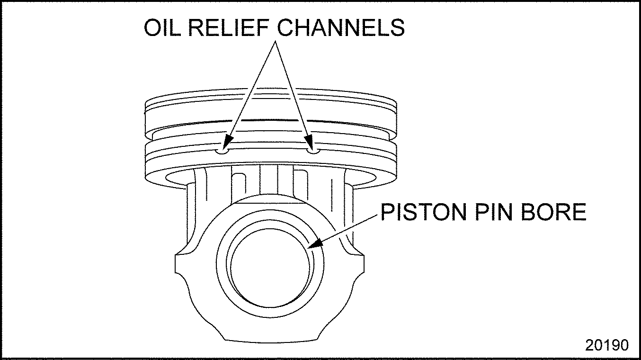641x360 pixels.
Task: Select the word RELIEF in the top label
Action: (x=229, y=28)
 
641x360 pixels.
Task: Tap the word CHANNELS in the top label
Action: (x=341, y=28)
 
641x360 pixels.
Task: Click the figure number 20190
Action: (x=607, y=345)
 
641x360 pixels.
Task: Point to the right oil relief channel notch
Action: (x=313, y=151)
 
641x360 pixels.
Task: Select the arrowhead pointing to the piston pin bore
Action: (x=313, y=244)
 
